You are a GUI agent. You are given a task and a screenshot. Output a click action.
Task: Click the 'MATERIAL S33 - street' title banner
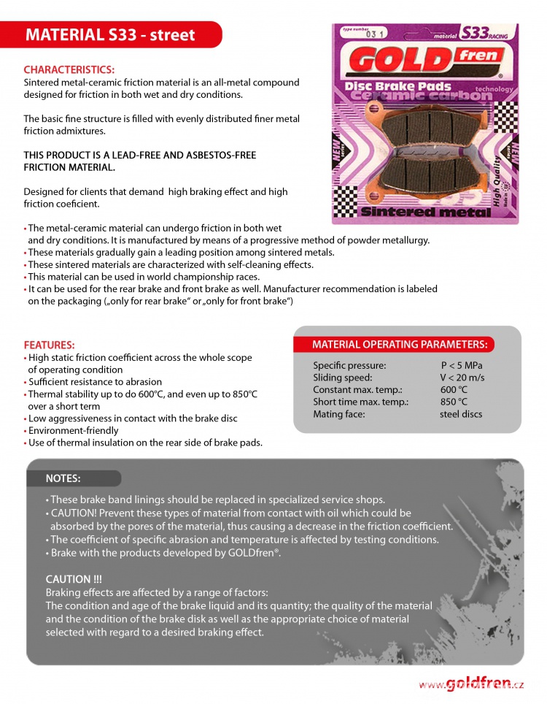tap(111, 35)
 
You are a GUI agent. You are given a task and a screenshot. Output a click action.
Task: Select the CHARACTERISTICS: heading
tap(69, 70)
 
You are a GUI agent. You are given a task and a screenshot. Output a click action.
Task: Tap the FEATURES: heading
tap(50, 345)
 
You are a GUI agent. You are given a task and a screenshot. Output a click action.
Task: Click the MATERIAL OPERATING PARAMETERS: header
tap(400, 345)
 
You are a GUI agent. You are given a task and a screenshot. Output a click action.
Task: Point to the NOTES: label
tap(63, 478)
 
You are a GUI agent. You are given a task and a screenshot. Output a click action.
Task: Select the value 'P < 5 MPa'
tap(462, 365)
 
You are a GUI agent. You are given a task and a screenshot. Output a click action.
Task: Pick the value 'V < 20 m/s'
tap(462, 378)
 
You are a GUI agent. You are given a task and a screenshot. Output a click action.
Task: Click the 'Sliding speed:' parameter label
tap(343, 378)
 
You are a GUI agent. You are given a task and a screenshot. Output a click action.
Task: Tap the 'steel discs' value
tap(461, 414)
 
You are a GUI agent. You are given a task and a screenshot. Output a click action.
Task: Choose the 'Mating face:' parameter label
tap(339, 414)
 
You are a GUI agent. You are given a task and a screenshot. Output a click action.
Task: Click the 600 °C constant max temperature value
tap(454, 390)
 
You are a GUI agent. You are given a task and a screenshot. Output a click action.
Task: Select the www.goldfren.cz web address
tap(471, 684)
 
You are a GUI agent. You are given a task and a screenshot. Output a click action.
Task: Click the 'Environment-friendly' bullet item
tap(74, 430)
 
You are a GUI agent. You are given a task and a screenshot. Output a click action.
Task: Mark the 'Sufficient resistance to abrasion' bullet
tap(95, 382)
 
